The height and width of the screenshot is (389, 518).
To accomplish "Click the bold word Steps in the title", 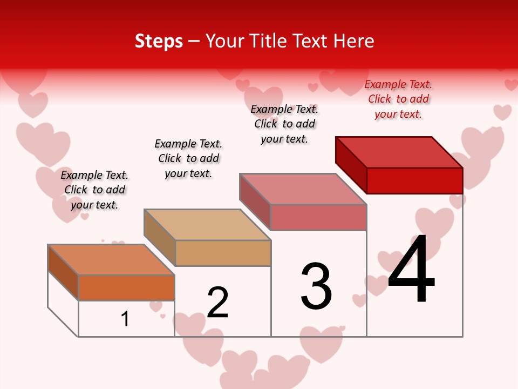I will [x=159, y=41].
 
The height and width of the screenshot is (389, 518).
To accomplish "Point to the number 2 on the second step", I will [x=217, y=303].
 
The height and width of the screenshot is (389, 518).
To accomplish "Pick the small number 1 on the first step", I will [x=125, y=319].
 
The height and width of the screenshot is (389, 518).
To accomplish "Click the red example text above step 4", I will [x=398, y=99].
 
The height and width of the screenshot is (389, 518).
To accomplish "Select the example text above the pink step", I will [x=284, y=124].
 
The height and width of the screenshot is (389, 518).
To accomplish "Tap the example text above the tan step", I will [x=188, y=159].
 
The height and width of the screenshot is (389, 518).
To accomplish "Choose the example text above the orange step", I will [x=94, y=190].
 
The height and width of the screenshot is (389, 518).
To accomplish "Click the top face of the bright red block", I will [x=399, y=152].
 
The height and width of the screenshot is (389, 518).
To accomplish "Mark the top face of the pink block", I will [x=303, y=189].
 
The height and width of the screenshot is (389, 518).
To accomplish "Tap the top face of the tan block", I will [x=207, y=225].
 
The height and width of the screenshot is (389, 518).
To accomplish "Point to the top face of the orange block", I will [x=111, y=260].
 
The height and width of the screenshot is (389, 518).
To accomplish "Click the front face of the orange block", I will [x=126, y=287].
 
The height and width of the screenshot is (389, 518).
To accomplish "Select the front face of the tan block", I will [x=223, y=253].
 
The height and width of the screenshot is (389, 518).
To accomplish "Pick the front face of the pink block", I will [x=318, y=217].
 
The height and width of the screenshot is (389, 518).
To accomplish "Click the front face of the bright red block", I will [x=414, y=180].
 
